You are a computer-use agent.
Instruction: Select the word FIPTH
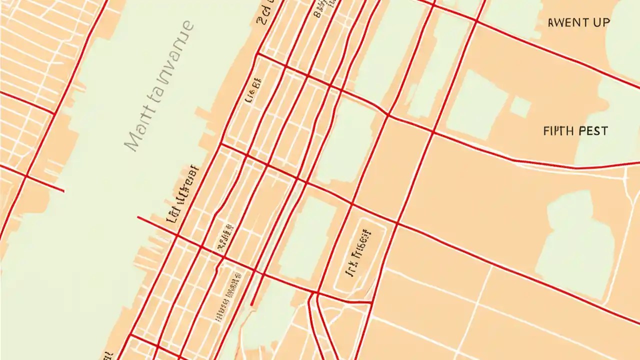(x=559, y=131)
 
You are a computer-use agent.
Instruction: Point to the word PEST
(x=593, y=131)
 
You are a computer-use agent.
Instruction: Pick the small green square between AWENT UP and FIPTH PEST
(x=520, y=107)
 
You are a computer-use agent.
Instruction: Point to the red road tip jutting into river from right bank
(x=138, y=217)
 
